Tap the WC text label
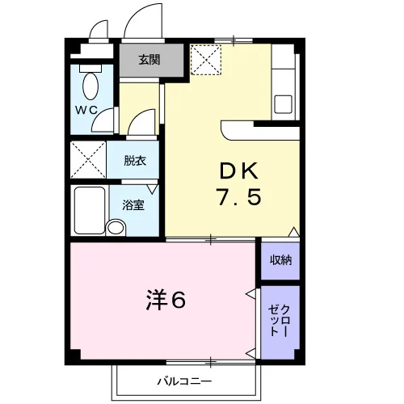point(86,110)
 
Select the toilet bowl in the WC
point(90,86)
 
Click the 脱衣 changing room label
point(135,161)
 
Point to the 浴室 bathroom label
point(133,205)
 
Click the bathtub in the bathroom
point(90,211)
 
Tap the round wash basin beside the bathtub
point(116,228)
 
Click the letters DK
point(239,171)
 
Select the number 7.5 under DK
point(239,197)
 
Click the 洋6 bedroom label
point(166,301)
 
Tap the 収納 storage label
point(280,260)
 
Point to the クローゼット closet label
point(280,321)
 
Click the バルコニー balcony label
point(184,381)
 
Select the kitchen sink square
point(283,104)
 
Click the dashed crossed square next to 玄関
point(206,60)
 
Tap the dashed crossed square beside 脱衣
point(88,160)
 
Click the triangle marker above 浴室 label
point(153,189)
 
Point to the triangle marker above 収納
point(294,232)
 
